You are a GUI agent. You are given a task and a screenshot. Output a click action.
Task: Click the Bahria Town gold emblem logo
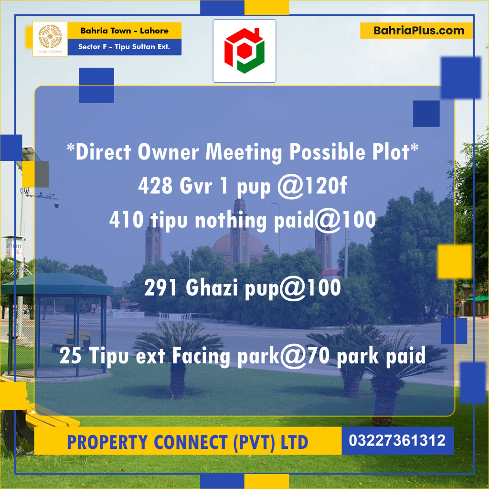pyautogui.click(x=50, y=36)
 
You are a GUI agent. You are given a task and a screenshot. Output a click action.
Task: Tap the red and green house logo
pyautogui.click(x=244, y=51)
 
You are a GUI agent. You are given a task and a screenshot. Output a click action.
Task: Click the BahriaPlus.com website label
pyautogui.click(x=416, y=31)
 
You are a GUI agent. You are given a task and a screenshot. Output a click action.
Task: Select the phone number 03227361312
pyautogui.click(x=397, y=440)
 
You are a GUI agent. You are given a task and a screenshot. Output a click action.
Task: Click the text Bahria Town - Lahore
pyautogui.click(x=124, y=31)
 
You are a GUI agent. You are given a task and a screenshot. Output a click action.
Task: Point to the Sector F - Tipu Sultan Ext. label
pyautogui.click(x=124, y=47)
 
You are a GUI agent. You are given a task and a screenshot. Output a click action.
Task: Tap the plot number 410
pyautogui.click(x=127, y=220)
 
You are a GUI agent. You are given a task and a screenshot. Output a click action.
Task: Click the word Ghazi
pyautogui.click(x=213, y=288)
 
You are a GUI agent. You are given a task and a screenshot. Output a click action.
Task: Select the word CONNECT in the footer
pyautogui.click(x=197, y=442)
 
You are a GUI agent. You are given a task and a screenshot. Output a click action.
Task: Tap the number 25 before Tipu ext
pyautogui.click(x=70, y=357)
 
